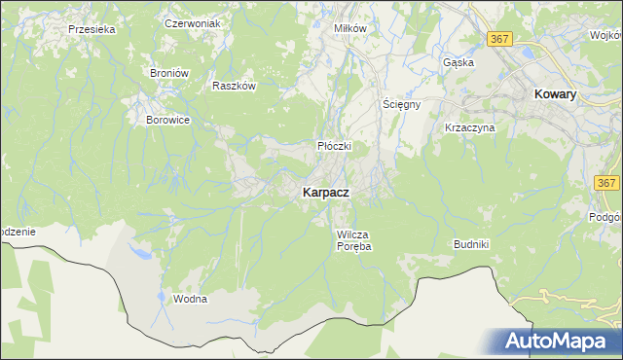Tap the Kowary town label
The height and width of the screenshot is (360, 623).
[556, 94]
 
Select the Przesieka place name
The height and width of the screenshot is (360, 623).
[92, 29]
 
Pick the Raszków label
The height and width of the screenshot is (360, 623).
[234, 86]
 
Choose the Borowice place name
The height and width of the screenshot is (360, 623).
[166, 120]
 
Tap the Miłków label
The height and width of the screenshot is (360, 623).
[350, 28]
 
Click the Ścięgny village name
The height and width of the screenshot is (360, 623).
[400, 104]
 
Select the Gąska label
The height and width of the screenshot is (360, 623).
[458, 62]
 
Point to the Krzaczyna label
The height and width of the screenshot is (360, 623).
[470, 127]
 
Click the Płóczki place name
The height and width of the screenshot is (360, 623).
[334, 146]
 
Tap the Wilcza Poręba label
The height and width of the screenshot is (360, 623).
[354, 240]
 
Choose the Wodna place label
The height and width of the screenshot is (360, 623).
[190, 299]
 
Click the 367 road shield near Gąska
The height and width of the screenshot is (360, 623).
[499, 38]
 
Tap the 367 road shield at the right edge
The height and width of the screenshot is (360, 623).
[606, 183]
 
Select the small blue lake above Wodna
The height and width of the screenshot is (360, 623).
[142, 254]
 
